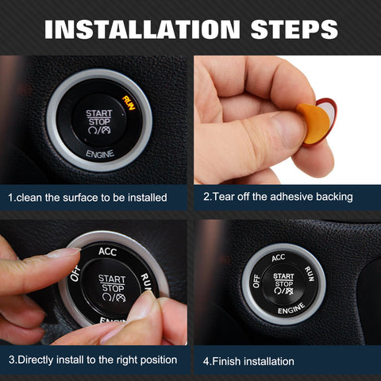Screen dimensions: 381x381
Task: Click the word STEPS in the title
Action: pyautogui.click(x=283, y=29)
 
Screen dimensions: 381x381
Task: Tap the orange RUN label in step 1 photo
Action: pyautogui.click(x=129, y=102)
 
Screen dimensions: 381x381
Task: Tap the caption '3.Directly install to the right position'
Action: pyautogui.click(x=93, y=360)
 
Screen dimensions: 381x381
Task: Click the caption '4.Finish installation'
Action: pyautogui.click(x=248, y=361)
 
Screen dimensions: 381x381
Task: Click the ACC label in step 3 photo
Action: pyautogui.click(x=108, y=252)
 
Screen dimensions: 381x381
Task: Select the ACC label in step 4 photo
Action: pyautogui.click(x=278, y=257)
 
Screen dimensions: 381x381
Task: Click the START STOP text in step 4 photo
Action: pyautogui.click(x=283, y=279)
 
